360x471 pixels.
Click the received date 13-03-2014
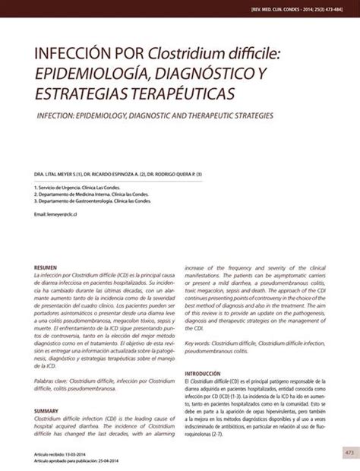pos(84,453)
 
